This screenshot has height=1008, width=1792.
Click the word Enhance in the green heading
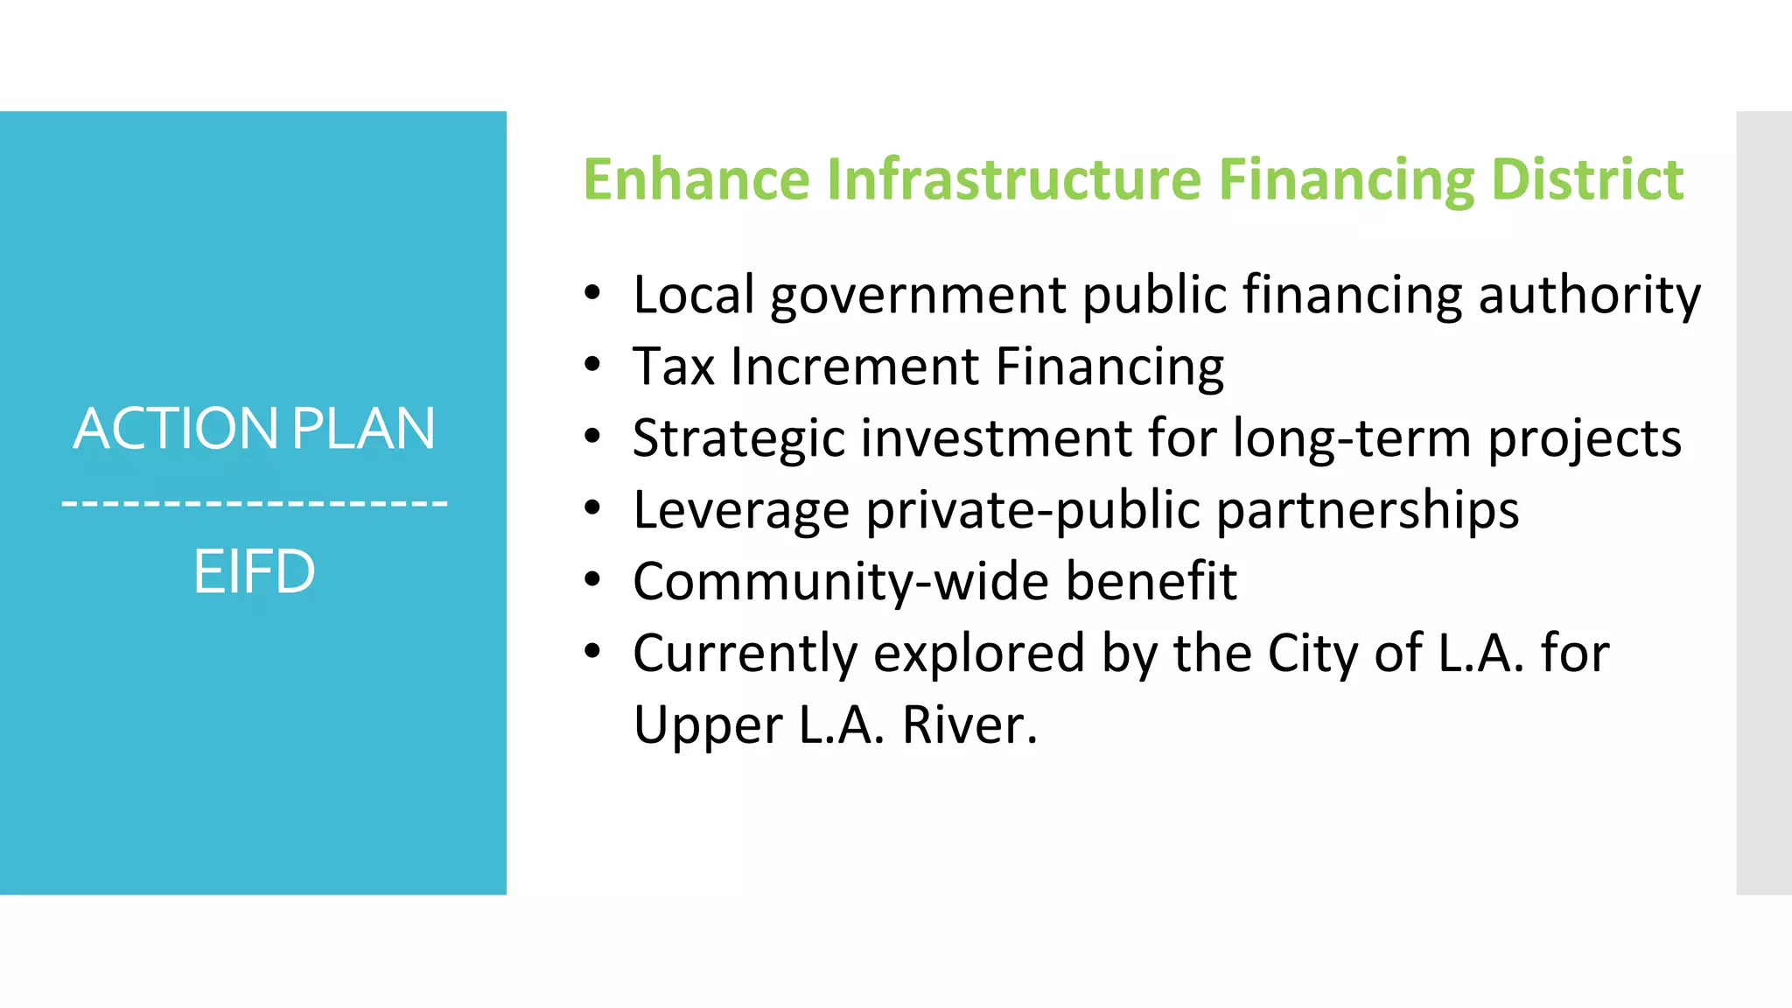pos(696,179)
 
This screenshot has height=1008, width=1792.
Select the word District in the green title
pos(1586,179)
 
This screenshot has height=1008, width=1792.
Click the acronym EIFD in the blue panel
pos(254,571)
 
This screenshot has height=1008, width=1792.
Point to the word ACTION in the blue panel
pos(175,429)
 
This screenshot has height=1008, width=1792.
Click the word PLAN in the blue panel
pos(363,429)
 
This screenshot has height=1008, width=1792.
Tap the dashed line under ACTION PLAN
pos(254,503)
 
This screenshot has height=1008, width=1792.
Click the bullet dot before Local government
pos(593,294)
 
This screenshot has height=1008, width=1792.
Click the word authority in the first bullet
pos(1589,296)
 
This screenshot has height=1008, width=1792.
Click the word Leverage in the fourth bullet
pos(741,511)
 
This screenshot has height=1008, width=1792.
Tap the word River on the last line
pos(969,725)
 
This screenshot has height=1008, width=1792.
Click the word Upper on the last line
pos(708,727)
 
